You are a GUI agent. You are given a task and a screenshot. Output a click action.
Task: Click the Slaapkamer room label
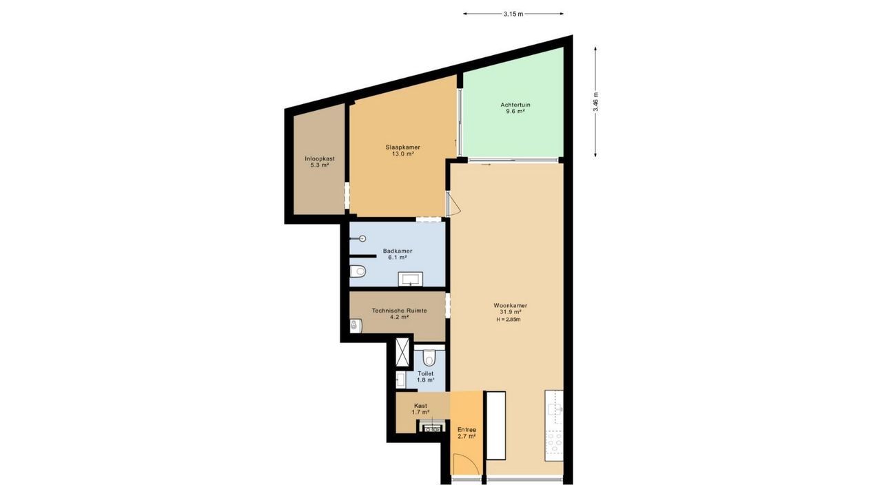(402, 147)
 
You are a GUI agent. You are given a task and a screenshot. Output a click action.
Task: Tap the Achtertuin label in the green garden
(515, 105)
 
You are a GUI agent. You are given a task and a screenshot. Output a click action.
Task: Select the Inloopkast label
(320, 158)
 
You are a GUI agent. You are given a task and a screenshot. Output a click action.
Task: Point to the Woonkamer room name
(510, 305)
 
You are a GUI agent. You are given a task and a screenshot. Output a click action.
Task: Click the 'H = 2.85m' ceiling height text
(510, 319)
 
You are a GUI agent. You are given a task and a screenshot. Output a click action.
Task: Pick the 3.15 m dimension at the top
(513, 14)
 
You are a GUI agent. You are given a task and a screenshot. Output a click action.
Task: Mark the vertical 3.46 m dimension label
(595, 102)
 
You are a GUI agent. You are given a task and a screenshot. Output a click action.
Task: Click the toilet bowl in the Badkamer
(358, 271)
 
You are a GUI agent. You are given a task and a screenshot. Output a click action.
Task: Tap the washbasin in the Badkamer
(411, 279)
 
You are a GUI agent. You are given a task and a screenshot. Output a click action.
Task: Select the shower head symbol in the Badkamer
(362, 238)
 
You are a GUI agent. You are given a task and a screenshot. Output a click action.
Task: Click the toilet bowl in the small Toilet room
(429, 358)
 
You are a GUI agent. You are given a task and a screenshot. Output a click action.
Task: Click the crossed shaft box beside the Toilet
(401, 353)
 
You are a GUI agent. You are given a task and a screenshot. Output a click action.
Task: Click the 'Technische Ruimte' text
(399, 311)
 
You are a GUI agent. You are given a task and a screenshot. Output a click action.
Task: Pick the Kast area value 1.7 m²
(420, 412)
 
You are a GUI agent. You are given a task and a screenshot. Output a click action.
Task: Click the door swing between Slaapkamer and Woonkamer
(453, 205)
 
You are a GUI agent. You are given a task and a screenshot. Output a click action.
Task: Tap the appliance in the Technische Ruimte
(356, 325)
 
